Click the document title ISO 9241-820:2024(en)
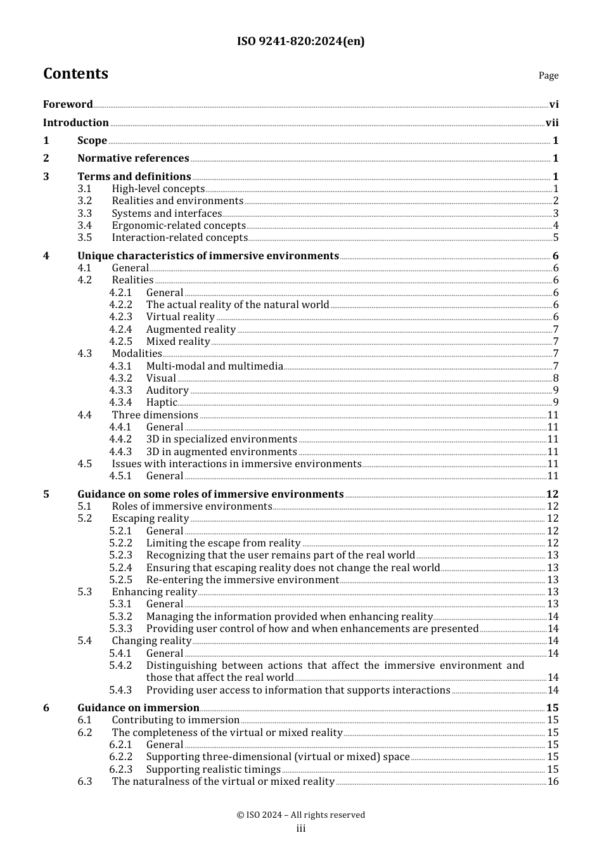300,42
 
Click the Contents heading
75,74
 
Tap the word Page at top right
548,75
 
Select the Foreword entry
68,105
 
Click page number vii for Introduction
552,123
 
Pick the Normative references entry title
133,158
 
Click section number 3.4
85,226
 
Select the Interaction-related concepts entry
179,238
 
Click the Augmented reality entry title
191,330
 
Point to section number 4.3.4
120,403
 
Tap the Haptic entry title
162,403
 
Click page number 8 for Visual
556,378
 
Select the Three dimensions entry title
155,415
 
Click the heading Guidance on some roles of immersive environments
210,494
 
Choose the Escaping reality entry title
150,519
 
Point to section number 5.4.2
120,666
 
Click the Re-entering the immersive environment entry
242,580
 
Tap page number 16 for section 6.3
553,782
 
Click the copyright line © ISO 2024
300,815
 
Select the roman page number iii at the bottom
301,829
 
